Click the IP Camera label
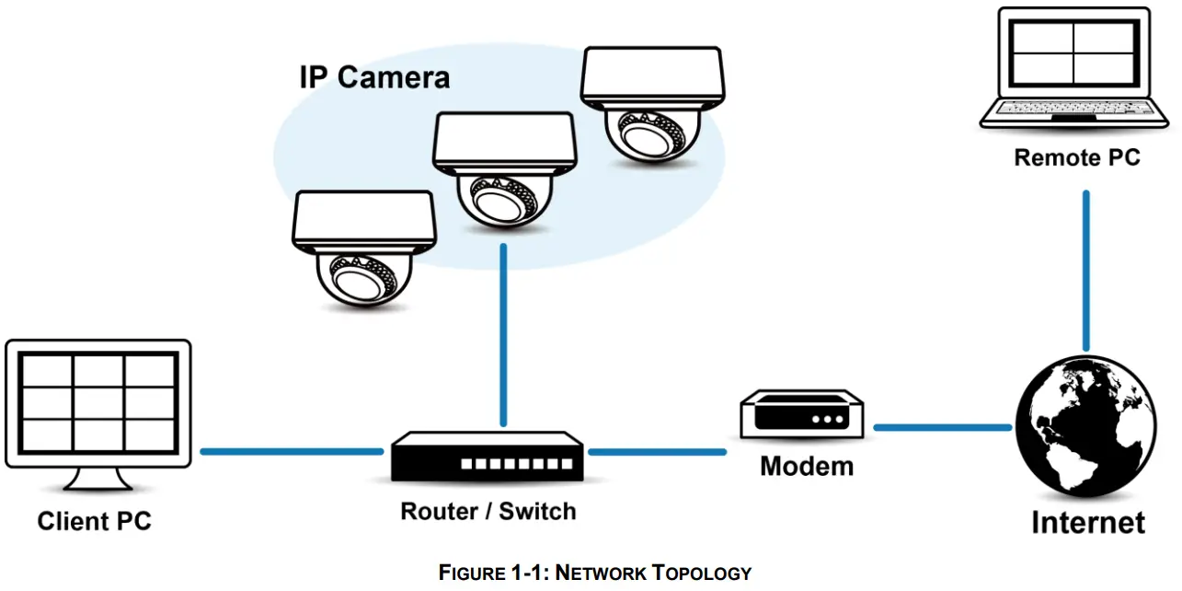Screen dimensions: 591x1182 pos(374,77)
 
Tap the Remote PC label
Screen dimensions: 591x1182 pos(1076,157)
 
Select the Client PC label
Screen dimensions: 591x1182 pos(94,522)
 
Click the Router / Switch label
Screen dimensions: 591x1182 pos(488,511)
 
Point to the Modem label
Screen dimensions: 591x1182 pos(806,466)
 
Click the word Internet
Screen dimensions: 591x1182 pos(1087,523)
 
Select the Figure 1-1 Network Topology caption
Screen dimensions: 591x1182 pos(594,573)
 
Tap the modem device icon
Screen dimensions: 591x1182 pos(803,415)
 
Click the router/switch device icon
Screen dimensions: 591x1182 pos(488,458)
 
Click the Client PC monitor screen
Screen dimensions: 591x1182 pos(98,401)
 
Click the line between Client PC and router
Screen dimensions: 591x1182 pos(292,451)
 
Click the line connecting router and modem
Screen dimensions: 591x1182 pos(657,451)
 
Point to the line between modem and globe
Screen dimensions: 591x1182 pos(942,427)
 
